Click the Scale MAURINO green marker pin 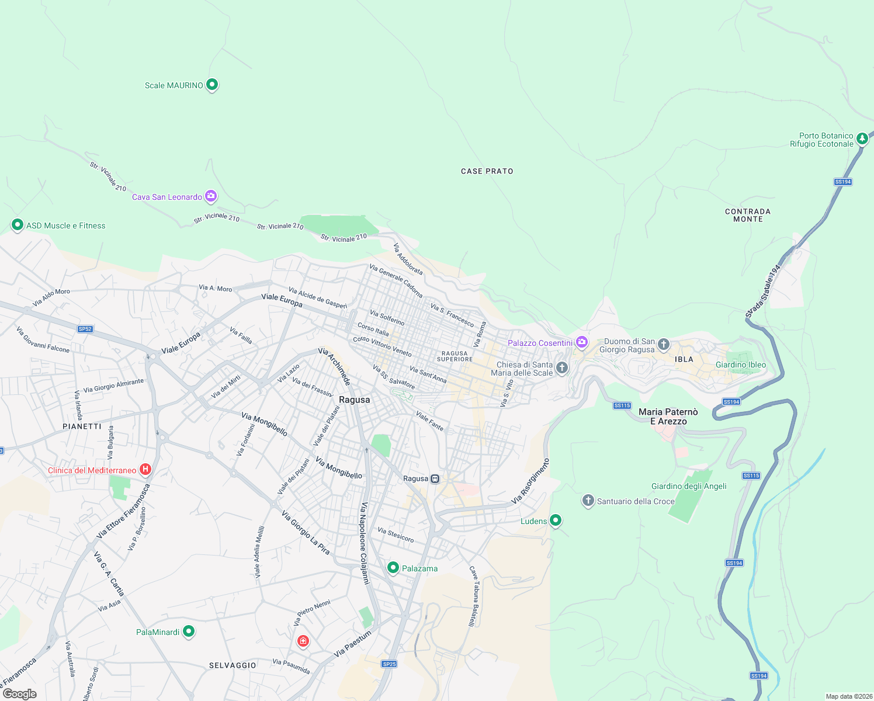(212, 85)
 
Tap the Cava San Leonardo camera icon (211, 196)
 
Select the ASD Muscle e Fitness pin (18, 225)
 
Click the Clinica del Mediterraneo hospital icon (145, 470)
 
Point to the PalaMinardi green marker (188, 631)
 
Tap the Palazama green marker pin (393, 568)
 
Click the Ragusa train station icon (435, 478)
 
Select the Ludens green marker (556, 520)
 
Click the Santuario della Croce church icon (588, 501)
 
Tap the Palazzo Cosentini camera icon (581, 342)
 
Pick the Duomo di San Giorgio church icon (663, 344)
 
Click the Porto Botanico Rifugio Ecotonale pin (862, 139)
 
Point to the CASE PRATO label (487, 171)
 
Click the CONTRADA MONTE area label (748, 215)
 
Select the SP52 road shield (85, 329)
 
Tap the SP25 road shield (389, 664)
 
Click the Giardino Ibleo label (740, 365)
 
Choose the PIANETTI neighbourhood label (82, 426)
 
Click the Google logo (20, 694)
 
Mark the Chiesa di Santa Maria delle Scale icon (561, 368)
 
